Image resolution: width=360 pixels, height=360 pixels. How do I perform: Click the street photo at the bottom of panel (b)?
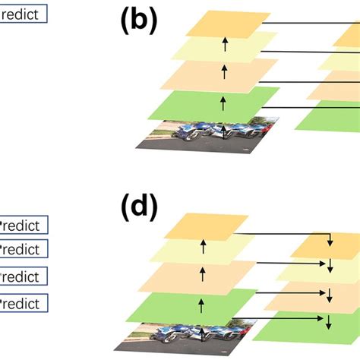(x=207, y=133)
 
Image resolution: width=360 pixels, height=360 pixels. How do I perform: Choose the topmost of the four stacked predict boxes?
(x=24, y=225)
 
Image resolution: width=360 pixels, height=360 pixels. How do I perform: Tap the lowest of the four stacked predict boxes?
(x=24, y=304)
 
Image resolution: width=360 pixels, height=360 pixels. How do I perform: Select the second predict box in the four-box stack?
(x=24, y=248)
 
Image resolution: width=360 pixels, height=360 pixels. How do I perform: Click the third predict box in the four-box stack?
(x=24, y=275)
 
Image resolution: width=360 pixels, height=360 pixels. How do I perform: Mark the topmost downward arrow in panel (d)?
(x=330, y=242)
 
